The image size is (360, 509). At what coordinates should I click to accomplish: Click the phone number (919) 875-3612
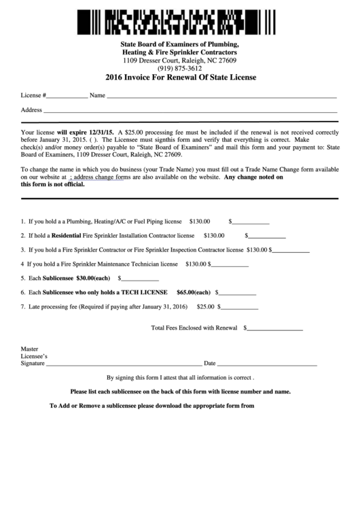click(179, 68)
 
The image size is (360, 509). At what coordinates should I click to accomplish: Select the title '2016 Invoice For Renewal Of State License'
click(180, 77)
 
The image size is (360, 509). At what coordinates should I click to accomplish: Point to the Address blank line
click(190, 110)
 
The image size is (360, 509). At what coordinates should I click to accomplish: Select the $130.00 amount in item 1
click(200, 221)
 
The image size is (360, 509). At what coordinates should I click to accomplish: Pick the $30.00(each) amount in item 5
click(93, 278)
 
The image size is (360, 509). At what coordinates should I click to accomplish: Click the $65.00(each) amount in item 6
click(194, 292)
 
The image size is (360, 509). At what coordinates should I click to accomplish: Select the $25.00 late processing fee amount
click(205, 306)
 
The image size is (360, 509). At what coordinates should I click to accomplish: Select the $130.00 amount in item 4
click(195, 264)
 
